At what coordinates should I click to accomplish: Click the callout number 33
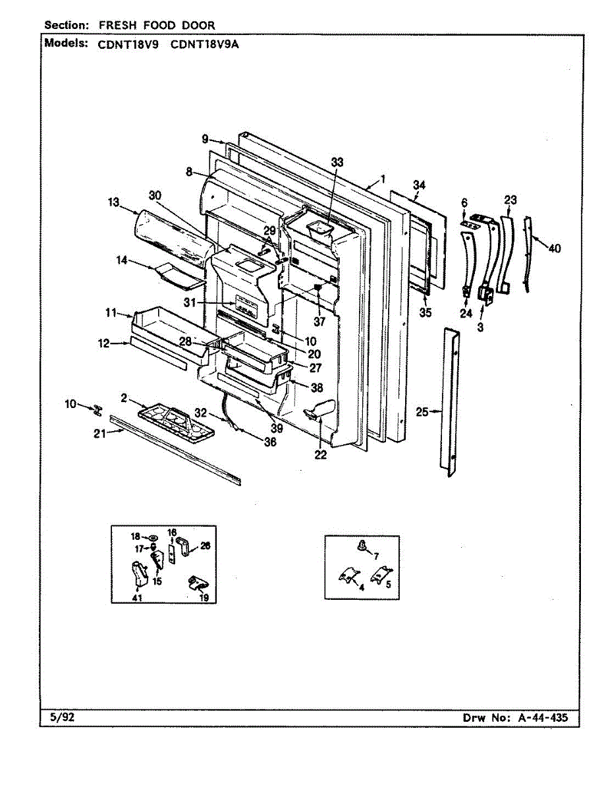point(337,162)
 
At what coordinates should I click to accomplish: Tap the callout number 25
point(422,412)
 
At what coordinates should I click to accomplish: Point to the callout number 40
point(555,249)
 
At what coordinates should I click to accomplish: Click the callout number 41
point(136,597)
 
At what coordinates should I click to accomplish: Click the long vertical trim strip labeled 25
point(451,402)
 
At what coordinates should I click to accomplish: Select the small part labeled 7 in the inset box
point(362,545)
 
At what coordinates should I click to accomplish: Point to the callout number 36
point(269,443)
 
